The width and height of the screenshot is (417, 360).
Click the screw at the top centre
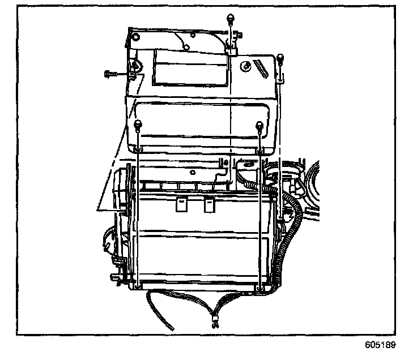click(x=230, y=19)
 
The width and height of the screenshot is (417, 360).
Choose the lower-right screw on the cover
click(x=259, y=125)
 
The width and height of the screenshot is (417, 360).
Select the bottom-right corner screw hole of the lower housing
click(x=259, y=289)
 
